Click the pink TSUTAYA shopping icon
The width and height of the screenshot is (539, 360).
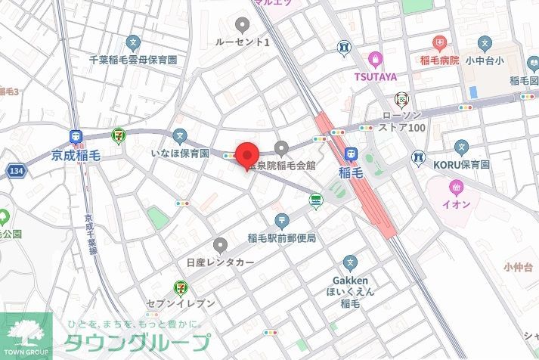373,59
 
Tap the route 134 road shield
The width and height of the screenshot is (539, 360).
16,172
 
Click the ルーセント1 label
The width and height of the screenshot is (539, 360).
242,42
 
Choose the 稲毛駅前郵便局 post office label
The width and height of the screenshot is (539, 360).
281,238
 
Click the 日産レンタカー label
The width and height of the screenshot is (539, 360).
220,262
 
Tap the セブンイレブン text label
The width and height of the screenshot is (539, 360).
185,303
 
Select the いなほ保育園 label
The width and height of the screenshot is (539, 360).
179,154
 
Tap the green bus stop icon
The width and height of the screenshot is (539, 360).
315,201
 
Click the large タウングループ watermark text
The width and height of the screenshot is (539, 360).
136,343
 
